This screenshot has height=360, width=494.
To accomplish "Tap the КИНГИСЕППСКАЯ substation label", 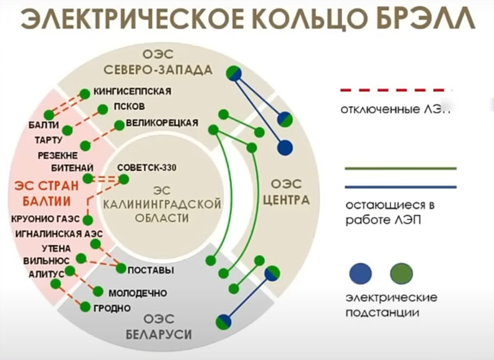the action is tap(132, 91).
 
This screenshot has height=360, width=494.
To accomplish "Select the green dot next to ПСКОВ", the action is tap(102, 109).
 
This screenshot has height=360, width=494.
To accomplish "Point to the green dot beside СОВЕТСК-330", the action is tap(124, 179).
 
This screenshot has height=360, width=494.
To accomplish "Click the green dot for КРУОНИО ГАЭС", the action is tap(87, 220).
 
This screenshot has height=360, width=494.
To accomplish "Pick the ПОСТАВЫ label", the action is tap(151, 270).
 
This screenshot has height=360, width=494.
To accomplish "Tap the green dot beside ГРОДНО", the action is tap(85, 307).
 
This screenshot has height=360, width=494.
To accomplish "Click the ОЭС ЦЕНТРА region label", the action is tap(286, 192).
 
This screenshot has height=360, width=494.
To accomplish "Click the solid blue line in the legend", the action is tap(401, 187).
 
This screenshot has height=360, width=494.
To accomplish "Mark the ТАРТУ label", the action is tap(48, 140).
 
